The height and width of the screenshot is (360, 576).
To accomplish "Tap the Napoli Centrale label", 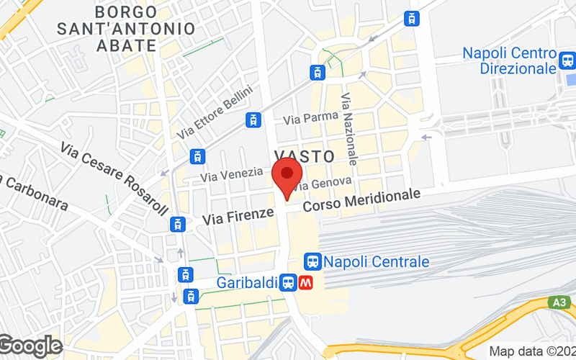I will tap(376, 261).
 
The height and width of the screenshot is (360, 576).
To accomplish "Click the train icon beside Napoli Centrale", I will tap(312, 261).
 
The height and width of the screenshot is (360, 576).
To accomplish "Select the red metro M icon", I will tap(306, 283).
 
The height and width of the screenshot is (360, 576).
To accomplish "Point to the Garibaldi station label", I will tap(247, 283).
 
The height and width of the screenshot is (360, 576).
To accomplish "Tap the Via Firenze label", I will tap(238, 214).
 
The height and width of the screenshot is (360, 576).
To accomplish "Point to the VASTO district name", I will tap(305, 156).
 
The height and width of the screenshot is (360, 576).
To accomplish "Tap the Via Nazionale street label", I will tap(350, 127).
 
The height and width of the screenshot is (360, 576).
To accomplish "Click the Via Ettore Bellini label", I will tap(216, 112).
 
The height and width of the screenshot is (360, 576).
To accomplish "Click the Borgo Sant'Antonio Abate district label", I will tap(125, 29).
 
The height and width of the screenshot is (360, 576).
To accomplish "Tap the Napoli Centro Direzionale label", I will tap(510, 60).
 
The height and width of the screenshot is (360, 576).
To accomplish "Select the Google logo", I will tap(30, 346).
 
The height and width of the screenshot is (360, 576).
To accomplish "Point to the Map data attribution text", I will tap(532, 351).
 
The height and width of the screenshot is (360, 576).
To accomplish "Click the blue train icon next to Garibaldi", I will tap(288, 283).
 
